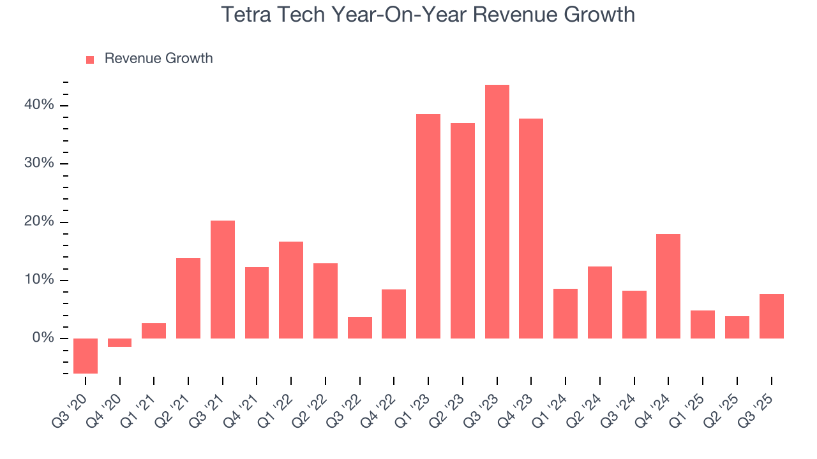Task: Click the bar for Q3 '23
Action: pyautogui.click(x=497, y=212)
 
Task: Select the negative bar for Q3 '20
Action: pyautogui.click(x=86, y=356)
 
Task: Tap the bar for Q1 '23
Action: pyautogui.click(x=428, y=226)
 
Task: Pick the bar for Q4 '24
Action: pyautogui.click(x=668, y=286)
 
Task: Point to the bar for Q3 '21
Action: pyautogui.click(x=223, y=279)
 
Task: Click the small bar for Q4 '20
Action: pyautogui.click(x=119, y=342)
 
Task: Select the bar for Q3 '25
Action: pyautogui.click(x=771, y=316)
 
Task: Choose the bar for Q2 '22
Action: pyautogui.click(x=326, y=301)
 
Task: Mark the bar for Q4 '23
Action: pyautogui.click(x=531, y=228)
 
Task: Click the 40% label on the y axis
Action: pyautogui.click(x=40, y=105)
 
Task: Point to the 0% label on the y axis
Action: pyautogui.click(x=44, y=338)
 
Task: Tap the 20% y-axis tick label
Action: pyautogui.click(x=40, y=222)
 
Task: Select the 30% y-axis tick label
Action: pyautogui.click(x=40, y=163)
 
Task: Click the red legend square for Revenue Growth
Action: pyautogui.click(x=90, y=59)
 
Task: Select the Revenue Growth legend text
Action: pyautogui.click(x=158, y=59)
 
